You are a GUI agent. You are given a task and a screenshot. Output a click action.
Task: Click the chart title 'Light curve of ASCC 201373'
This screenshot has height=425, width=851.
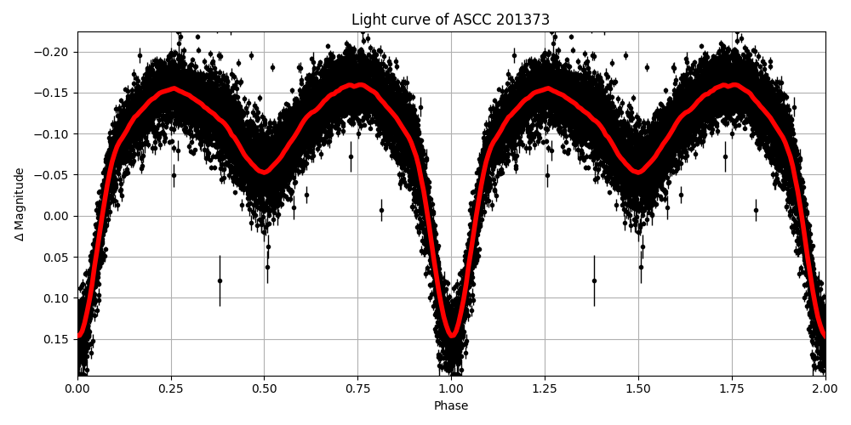(450, 20)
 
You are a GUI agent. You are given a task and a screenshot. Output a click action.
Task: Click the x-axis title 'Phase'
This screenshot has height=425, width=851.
(451, 406)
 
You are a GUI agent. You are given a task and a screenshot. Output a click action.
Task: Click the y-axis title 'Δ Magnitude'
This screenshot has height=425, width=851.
(20, 204)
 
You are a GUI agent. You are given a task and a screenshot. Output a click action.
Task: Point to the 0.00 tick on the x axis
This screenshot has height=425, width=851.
(77, 389)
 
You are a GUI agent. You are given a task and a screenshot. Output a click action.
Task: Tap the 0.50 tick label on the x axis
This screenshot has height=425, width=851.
(265, 389)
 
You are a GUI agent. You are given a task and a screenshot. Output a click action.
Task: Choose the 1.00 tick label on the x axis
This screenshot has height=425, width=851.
(451, 389)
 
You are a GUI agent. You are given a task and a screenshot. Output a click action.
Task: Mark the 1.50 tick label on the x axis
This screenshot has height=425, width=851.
(638, 389)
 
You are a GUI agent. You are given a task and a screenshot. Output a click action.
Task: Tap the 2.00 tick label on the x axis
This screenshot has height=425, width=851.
(825, 389)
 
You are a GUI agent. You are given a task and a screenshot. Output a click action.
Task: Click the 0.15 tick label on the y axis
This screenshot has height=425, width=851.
(60, 339)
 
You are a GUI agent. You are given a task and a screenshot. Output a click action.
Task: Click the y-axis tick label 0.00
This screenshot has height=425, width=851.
(60, 216)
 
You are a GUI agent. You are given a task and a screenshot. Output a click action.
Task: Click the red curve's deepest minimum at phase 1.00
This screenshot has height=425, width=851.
(452, 336)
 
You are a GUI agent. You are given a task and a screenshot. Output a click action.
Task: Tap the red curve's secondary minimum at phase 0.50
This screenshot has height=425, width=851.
(265, 173)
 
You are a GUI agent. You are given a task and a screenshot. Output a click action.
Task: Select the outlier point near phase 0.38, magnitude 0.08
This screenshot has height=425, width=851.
(220, 280)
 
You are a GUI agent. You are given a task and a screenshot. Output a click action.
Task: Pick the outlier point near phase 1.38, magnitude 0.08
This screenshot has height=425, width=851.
(594, 280)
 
